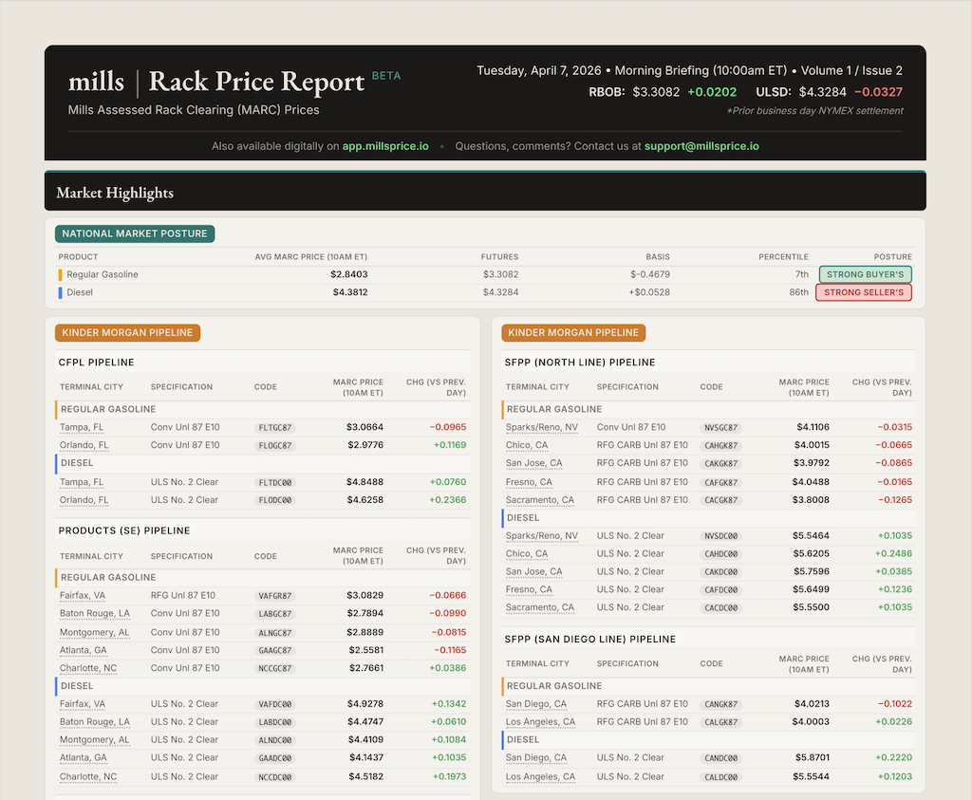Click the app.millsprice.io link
[x=385, y=146]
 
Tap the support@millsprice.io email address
[x=701, y=146]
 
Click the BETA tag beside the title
[x=386, y=76]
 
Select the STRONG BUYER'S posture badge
[x=865, y=274]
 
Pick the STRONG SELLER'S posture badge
[x=863, y=292]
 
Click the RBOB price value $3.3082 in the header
[x=656, y=92]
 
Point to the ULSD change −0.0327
[x=878, y=92]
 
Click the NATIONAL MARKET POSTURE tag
[x=135, y=233]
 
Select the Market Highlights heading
[x=115, y=193]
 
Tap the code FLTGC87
[x=275, y=428]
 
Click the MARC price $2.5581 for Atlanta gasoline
[x=364, y=650]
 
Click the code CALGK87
[x=720, y=723]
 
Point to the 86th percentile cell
[x=797, y=292]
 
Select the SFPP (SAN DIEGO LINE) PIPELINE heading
[x=590, y=639]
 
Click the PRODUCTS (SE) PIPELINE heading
[x=124, y=530]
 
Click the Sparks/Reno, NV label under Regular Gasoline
[x=541, y=428]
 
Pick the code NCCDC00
[x=275, y=777]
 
